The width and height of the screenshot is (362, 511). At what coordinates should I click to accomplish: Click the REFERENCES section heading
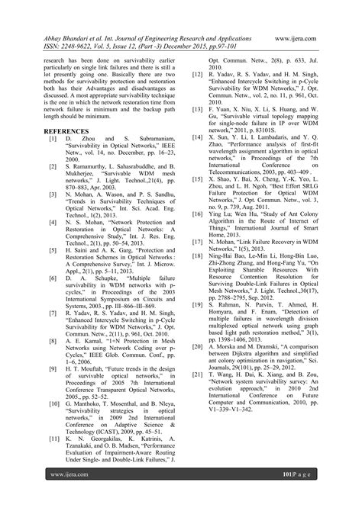click(66, 130)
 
